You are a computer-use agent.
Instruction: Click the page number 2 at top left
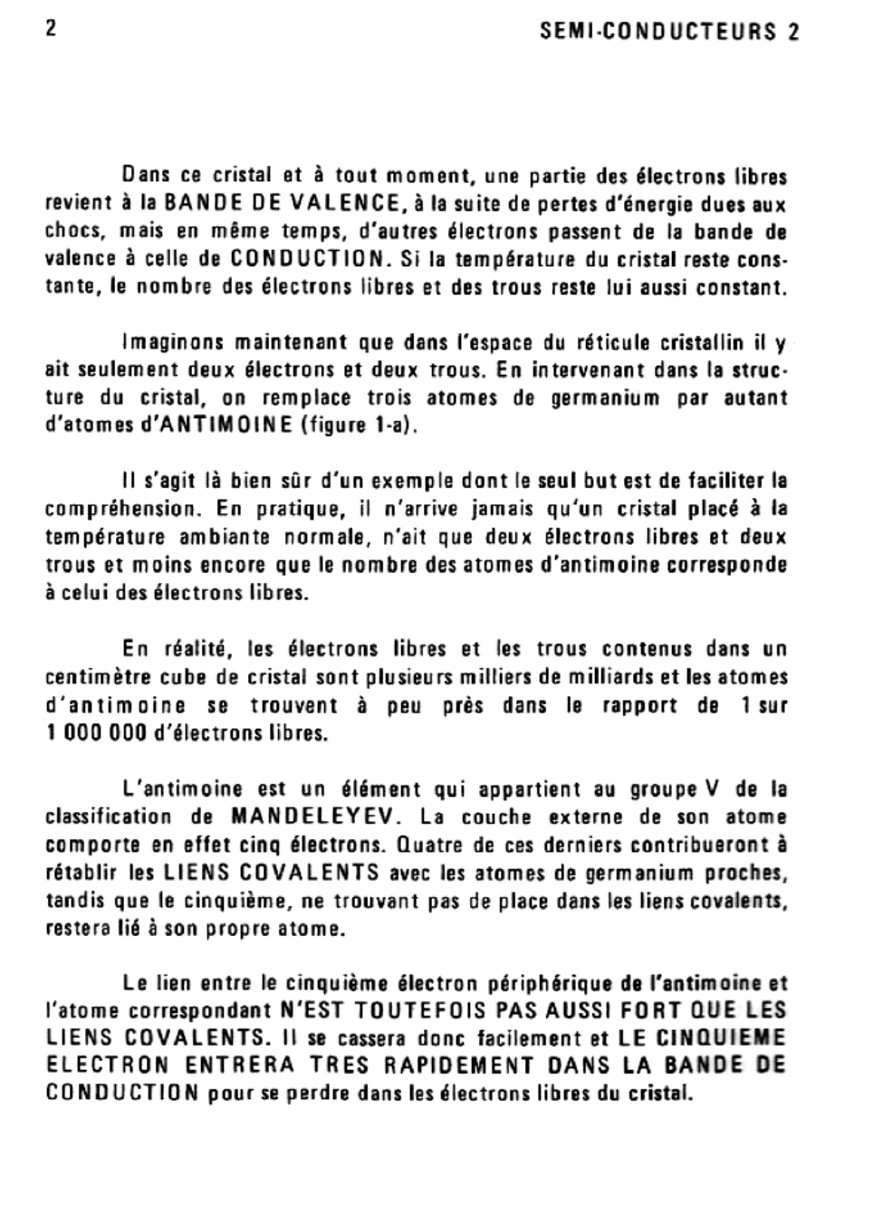point(52,29)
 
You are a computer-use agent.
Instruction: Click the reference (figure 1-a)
point(359,425)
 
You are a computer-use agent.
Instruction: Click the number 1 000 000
point(96,733)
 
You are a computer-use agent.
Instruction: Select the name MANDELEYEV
point(313,817)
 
